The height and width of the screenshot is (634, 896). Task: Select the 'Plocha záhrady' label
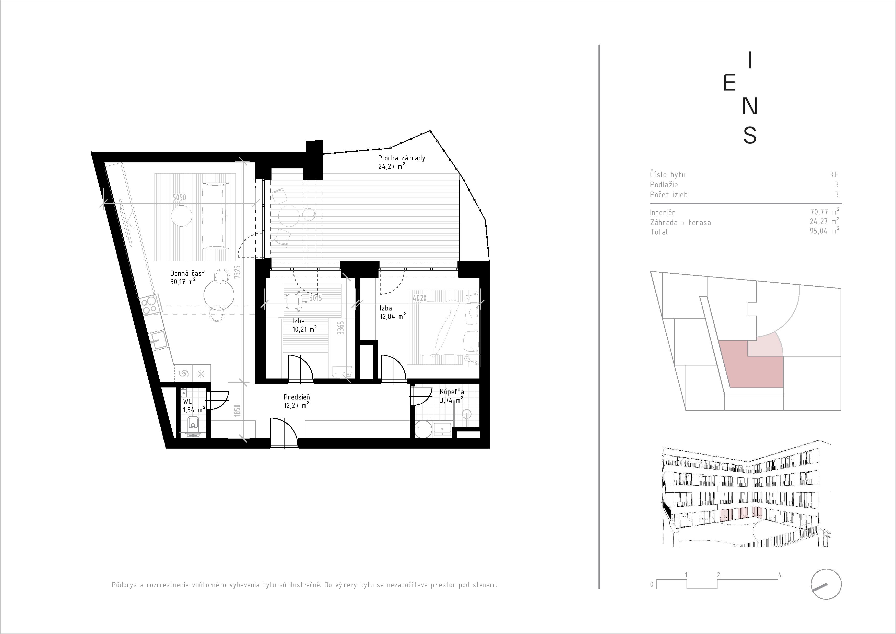(402, 158)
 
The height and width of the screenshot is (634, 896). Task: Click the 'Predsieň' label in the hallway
(297, 397)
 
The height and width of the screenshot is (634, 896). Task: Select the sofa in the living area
(215, 216)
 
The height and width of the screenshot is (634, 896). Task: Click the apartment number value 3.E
(834, 175)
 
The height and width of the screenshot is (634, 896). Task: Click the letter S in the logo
(750, 135)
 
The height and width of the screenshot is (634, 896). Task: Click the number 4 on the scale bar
(780, 575)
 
